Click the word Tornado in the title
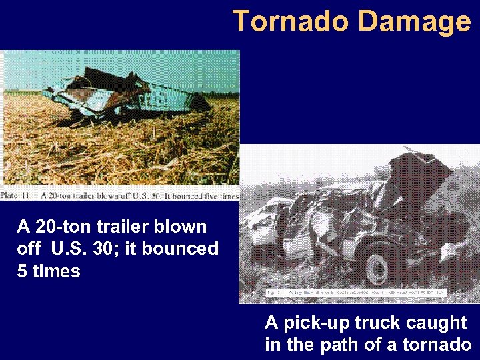290,21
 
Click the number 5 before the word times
22,271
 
